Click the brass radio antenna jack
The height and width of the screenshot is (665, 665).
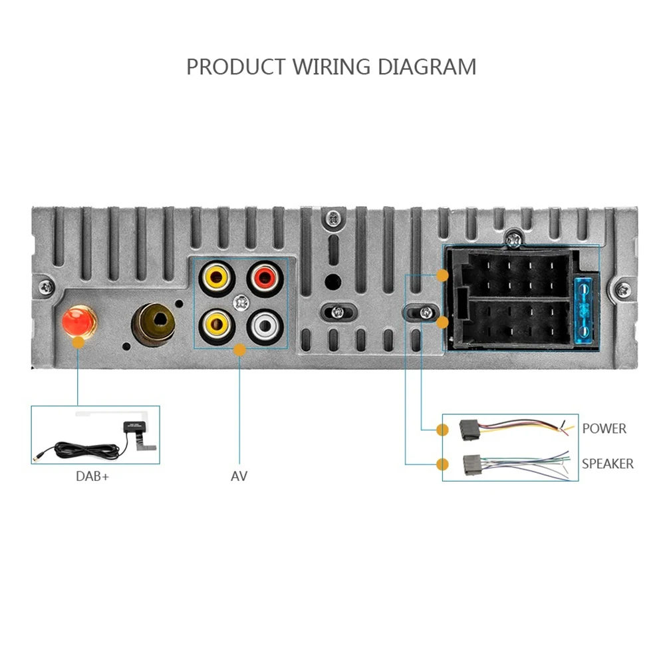(x=154, y=323)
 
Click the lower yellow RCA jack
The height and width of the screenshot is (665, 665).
(x=216, y=325)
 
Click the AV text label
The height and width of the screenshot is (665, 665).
(x=239, y=476)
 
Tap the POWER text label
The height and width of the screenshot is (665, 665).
(x=604, y=429)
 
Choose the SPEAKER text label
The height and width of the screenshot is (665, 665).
(x=608, y=464)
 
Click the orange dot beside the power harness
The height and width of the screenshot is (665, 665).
(x=442, y=430)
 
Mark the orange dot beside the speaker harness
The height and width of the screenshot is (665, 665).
(x=442, y=464)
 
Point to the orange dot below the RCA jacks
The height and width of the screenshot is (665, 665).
(x=240, y=349)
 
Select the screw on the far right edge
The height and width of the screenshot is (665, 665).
(x=623, y=288)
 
